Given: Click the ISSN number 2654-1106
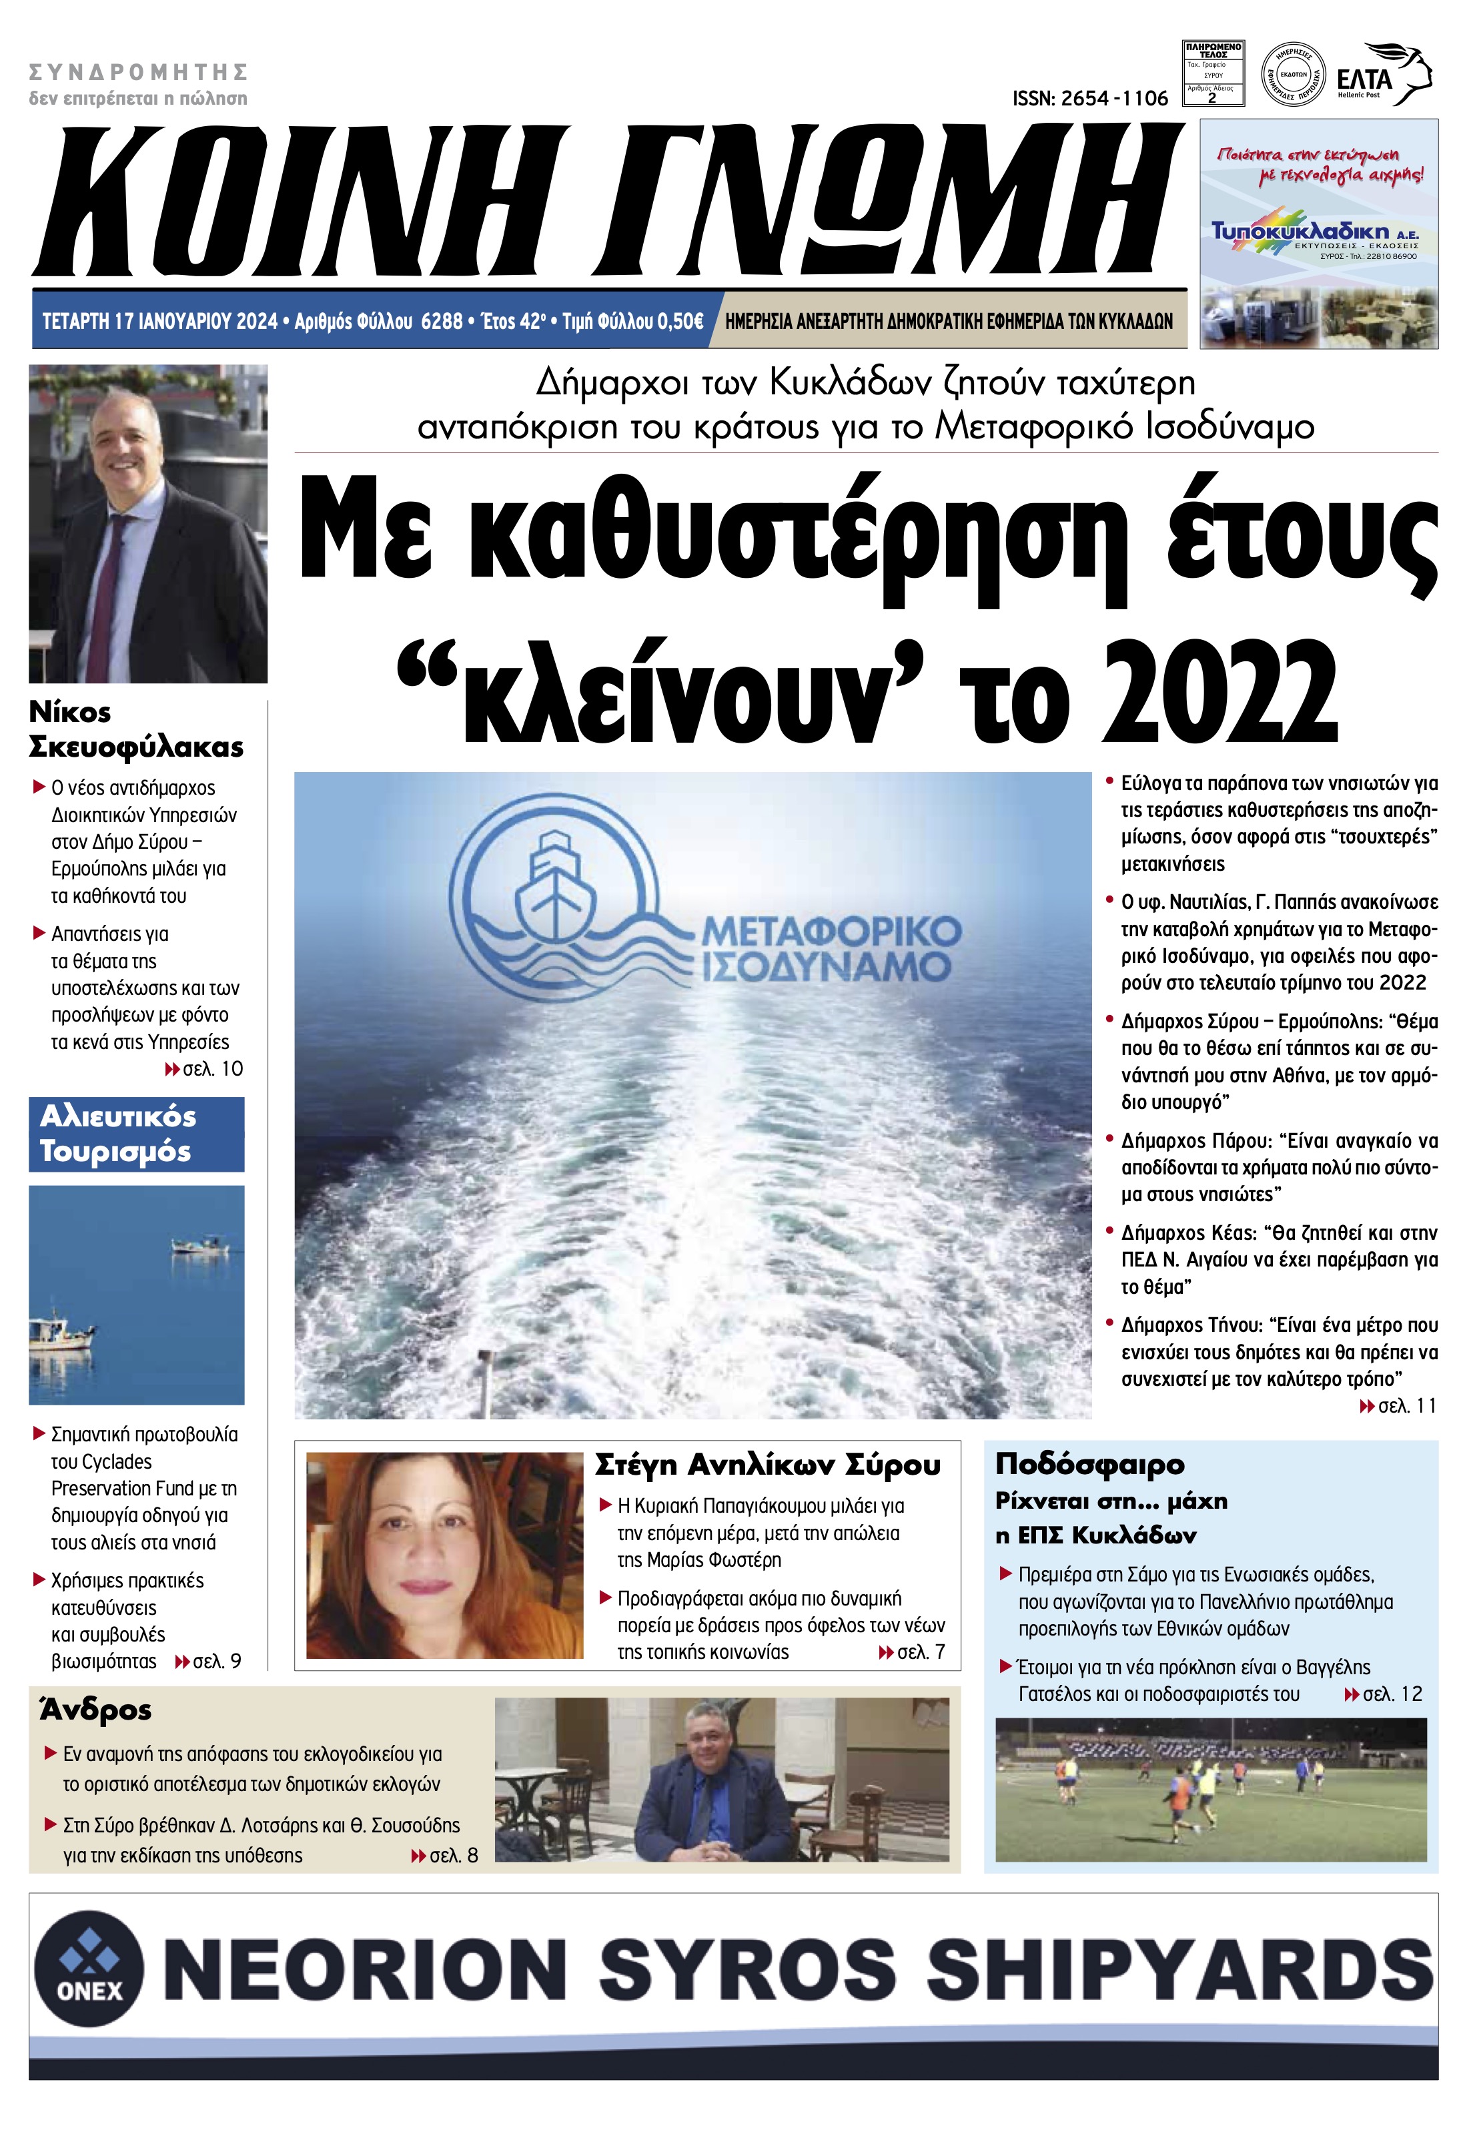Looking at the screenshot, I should point(1090,99).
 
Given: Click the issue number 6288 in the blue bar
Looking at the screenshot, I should point(441,321).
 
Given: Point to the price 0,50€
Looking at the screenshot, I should point(674,321).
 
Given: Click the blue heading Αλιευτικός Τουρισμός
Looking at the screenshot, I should point(117,1134).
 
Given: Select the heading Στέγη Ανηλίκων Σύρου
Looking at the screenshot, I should point(768,1466).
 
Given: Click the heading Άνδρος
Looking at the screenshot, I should point(96,1710).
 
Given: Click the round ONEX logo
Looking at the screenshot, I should point(89,1969).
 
